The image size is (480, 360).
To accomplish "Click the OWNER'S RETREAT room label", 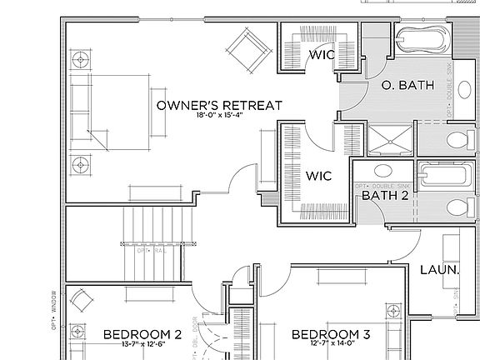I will click(x=219, y=106).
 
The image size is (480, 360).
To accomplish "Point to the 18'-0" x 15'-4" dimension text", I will click(x=219, y=118).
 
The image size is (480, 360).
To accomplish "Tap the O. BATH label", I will click(x=406, y=85).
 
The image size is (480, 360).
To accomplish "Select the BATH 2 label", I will click(x=384, y=195).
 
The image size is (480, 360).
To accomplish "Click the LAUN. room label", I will click(x=439, y=271).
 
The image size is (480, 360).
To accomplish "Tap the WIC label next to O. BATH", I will click(x=322, y=55).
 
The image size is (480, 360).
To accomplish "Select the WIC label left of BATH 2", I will click(x=319, y=177).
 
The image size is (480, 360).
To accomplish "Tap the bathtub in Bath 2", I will click(x=436, y=176).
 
